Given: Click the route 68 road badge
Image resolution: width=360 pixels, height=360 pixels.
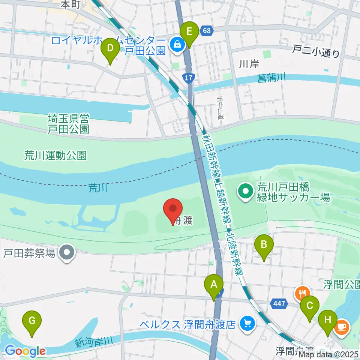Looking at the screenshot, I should click(206, 30).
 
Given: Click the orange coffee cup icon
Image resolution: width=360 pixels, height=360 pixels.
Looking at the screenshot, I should click(342, 327).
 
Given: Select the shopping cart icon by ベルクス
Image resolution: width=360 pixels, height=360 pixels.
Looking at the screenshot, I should click(246, 322).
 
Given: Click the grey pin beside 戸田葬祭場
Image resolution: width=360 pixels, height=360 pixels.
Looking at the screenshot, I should click(68, 253).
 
